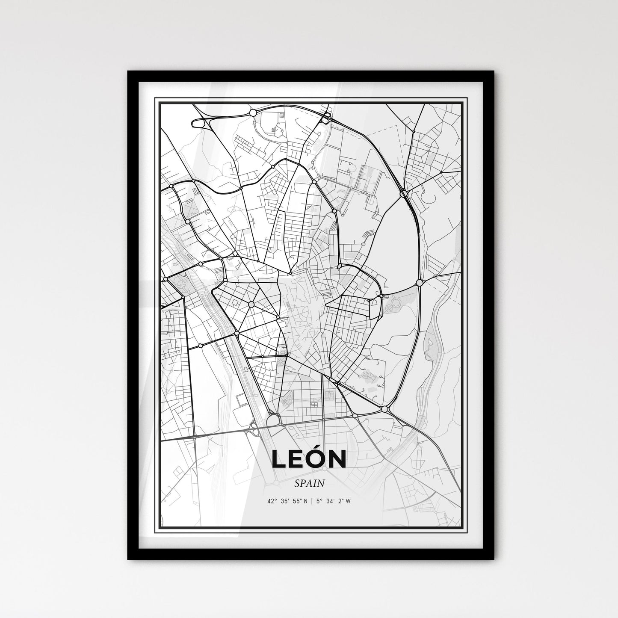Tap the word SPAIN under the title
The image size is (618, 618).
point(309,483)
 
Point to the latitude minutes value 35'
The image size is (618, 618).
point(285,501)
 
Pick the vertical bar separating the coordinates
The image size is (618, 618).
point(313,501)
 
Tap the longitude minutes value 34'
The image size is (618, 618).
point(332,501)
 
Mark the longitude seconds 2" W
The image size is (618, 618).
point(345,501)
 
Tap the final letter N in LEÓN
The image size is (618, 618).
point(338,459)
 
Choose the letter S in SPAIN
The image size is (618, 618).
point(296,483)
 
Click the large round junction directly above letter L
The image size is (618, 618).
point(272,421)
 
